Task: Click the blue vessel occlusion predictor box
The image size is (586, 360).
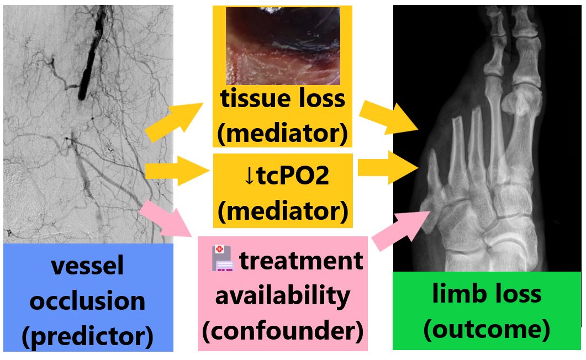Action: coord(88,298)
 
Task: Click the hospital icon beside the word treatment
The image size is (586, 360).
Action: coord(223,259)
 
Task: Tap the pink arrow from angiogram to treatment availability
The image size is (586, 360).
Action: coord(166,218)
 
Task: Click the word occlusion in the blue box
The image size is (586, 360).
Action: coord(88,301)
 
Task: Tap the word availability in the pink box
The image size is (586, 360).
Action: coord(282,296)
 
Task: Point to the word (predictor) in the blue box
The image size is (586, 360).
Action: coord(88,336)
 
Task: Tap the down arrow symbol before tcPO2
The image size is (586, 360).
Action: coord(249,176)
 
